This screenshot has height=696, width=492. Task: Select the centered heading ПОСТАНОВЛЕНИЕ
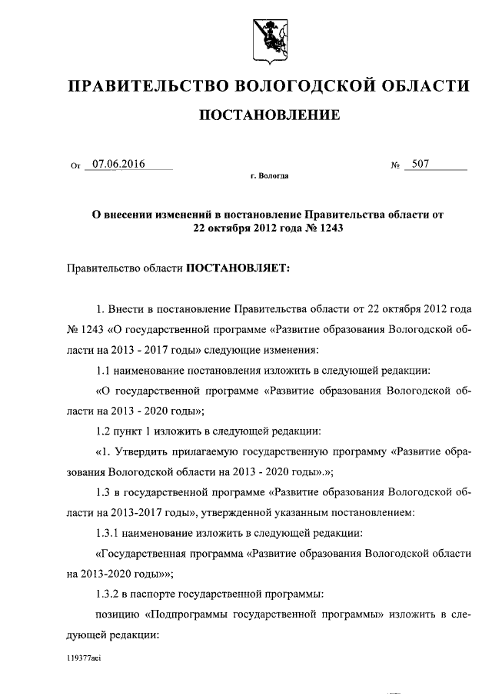coord(269,116)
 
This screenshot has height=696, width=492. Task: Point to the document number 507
coord(421,163)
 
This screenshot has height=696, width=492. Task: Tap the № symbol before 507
coord(397,165)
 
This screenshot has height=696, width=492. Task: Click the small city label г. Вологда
coord(269,177)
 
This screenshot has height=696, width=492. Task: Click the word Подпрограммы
coord(191,614)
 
